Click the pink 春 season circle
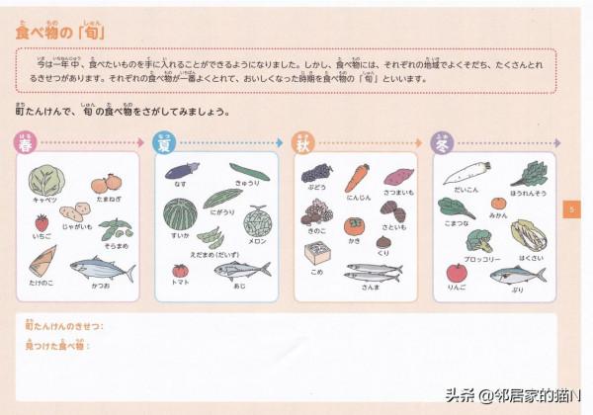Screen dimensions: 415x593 26,144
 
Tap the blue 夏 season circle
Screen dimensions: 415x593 165,144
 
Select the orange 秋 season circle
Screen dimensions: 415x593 303,144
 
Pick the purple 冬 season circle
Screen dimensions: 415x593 443,144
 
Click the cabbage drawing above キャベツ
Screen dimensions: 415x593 45,180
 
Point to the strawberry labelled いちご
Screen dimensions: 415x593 42,223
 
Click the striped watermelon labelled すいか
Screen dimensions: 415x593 180,213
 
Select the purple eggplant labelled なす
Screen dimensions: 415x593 182,171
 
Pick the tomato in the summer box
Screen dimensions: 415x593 180,270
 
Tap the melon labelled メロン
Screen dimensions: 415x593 257,219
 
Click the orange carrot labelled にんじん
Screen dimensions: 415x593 357,178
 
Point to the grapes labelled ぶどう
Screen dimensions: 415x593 316,174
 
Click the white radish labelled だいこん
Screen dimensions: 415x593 467,174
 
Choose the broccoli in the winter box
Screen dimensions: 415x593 480,240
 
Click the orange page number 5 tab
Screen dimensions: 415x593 573,209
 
